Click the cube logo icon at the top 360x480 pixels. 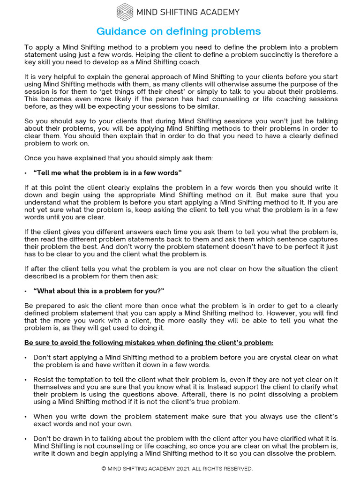pyautogui.click(x=125, y=12)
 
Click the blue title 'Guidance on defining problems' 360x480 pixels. pyautogui.click(x=179, y=31)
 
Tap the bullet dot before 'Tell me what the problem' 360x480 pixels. pyautogui.click(x=26, y=173)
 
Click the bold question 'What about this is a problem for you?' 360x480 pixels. pyautogui.click(x=99, y=291)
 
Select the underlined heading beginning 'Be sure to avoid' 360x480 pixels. pyautogui.click(x=149, y=343)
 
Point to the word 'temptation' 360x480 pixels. pyautogui.click(x=81, y=379)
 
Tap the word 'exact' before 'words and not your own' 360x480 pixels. pyautogui.click(x=42, y=424)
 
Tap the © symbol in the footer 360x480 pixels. pyautogui.click(x=104, y=469)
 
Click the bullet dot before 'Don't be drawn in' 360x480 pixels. pyautogui.click(x=26, y=438)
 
